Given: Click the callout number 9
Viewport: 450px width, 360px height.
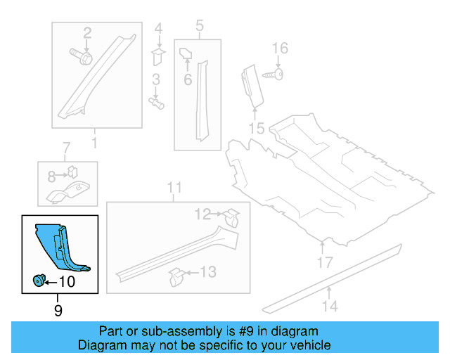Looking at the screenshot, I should click(58, 309).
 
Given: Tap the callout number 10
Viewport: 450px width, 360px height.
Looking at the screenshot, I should click(66, 282).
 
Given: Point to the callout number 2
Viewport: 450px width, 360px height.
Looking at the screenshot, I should click(88, 32).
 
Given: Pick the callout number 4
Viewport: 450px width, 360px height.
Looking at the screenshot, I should click(158, 29).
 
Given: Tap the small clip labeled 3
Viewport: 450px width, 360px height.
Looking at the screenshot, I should click(157, 103).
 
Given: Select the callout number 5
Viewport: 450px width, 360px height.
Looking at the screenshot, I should click(199, 27).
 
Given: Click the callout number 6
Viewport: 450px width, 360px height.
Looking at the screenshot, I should click(188, 80).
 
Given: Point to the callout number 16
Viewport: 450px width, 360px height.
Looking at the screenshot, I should click(280, 49).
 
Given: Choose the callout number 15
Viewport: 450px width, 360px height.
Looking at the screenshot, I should click(256, 129).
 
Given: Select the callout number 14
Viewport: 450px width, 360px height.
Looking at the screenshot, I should click(330, 306).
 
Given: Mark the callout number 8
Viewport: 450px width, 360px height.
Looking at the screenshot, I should click(51, 176).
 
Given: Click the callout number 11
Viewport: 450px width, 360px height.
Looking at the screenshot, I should click(174, 188).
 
